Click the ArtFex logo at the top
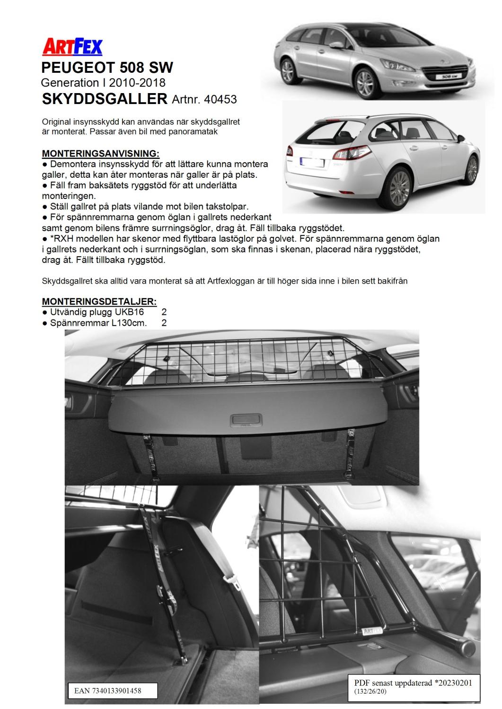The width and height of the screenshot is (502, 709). [x=72, y=47]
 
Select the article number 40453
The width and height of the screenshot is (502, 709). [x=221, y=99]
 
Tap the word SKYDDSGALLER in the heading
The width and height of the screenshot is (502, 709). [x=105, y=99]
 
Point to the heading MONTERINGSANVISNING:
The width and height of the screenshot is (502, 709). [x=101, y=154]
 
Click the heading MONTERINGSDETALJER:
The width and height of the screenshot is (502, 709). [x=99, y=302]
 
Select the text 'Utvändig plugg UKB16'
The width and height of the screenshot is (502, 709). [x=97, y=312]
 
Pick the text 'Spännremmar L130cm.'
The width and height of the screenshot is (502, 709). [x=98, y=323]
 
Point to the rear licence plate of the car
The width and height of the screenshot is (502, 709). [x=312, y=163]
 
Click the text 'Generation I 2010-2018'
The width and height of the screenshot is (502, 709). [x=103, y=83]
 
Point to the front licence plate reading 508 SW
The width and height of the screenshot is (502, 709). [x=446, y=76]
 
